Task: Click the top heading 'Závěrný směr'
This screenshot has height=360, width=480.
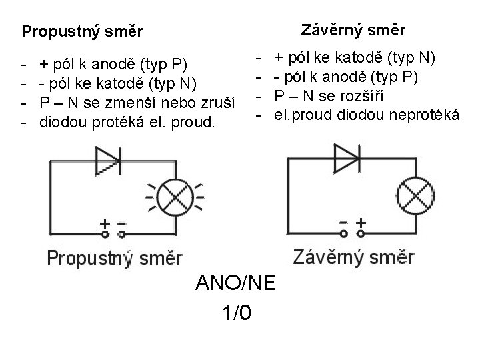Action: [x=353, y=30]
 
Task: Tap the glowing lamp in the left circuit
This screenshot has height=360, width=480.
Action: [x=177, y=195]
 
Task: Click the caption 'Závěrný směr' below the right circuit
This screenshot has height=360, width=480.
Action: [x=354, y=257]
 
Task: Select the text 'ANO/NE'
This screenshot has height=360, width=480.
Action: [x=234, y=283]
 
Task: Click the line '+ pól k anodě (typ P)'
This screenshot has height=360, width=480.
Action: [x=114, y=65]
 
